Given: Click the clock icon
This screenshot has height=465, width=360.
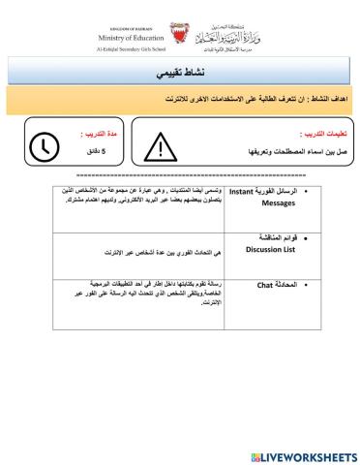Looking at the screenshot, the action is click(45, 146).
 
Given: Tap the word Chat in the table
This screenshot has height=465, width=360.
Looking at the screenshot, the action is click(268, 286).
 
